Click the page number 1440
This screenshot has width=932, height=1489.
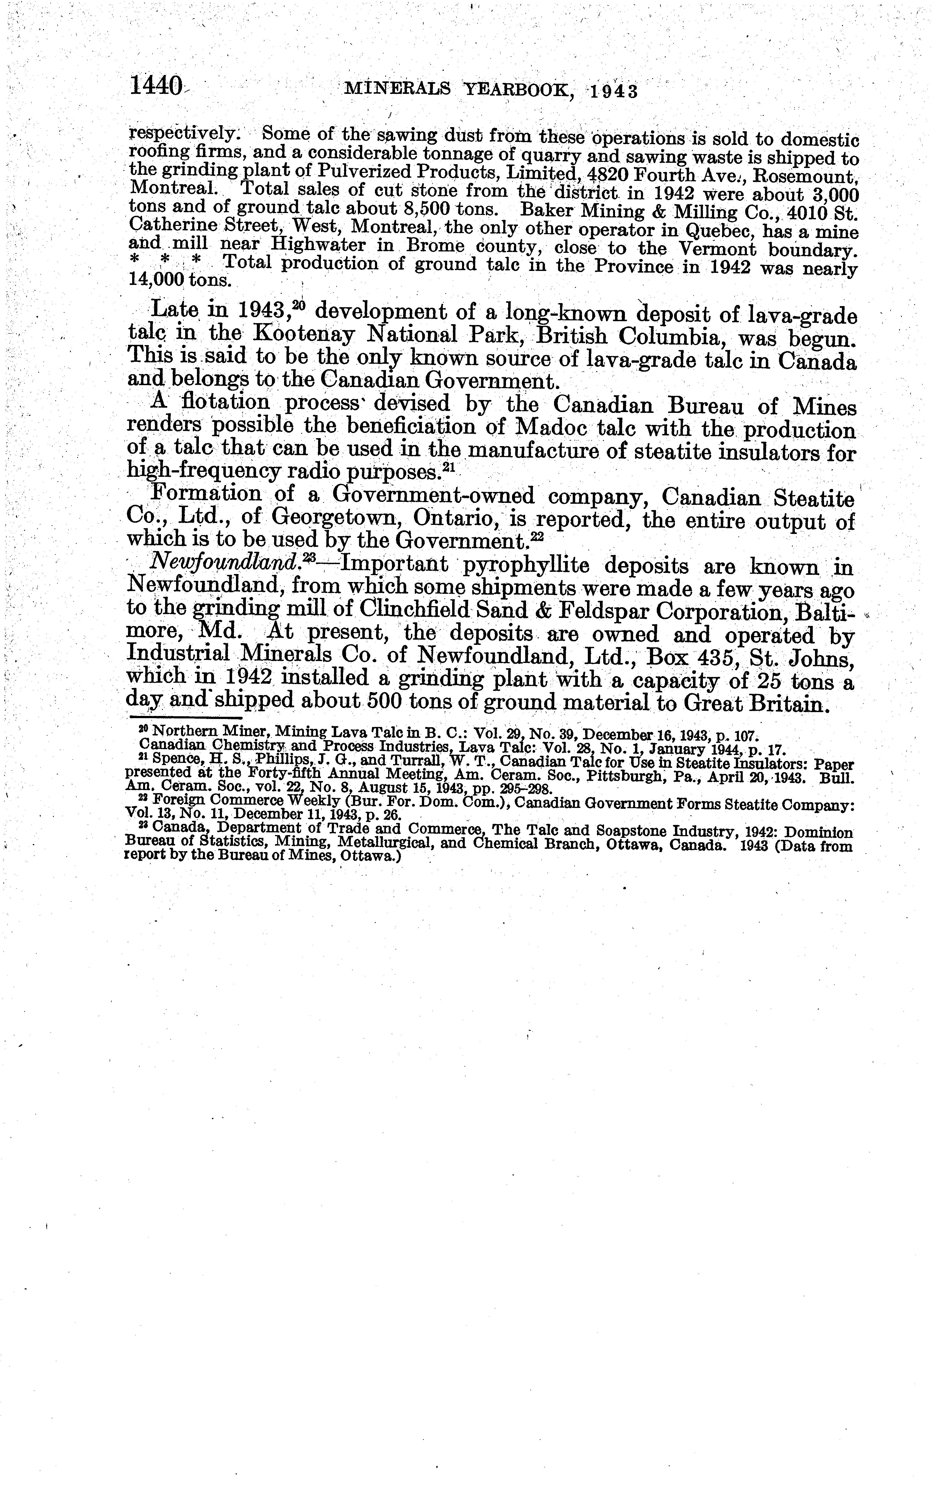(155, 86)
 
